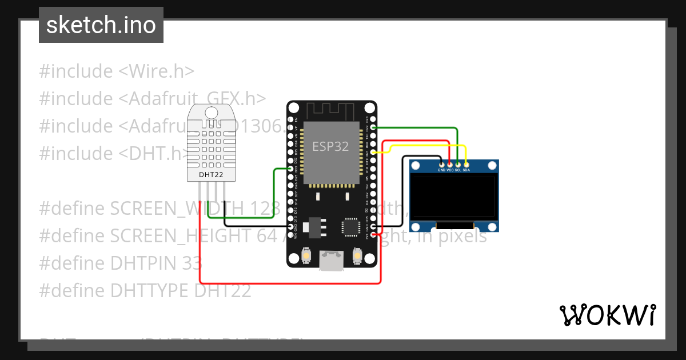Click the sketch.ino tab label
click(101, 25)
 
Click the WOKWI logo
click(608, 315)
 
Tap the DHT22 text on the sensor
click(211, 174)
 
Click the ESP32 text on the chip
click(330, 146)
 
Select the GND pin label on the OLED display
click(441, 170)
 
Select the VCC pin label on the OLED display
click(450, 170)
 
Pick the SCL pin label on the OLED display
click(458, 170)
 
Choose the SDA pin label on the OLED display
click(466, 170)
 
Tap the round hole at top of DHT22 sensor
click(212, 113)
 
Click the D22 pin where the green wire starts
click(373, 127)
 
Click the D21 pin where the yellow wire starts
click(373, 152)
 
